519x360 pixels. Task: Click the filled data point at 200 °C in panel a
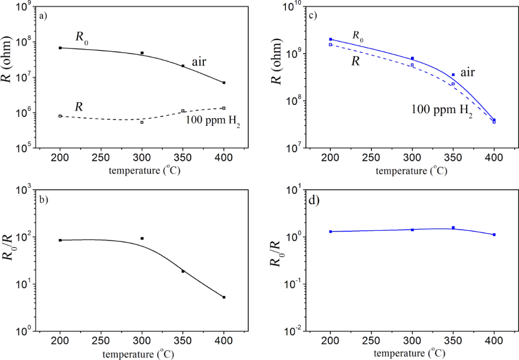pos(60,48)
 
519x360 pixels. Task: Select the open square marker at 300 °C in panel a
pos(142,122)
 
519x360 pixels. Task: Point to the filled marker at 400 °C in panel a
pos(224,83)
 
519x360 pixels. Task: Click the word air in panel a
pos(198,62)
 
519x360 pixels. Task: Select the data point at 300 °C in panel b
pos(142,238)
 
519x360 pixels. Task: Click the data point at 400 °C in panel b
pos(224,297)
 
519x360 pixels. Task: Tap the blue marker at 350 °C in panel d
pos(453,228)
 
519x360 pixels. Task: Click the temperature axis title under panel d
pos(411,351)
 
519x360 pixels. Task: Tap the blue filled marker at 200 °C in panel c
pos(330,39)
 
